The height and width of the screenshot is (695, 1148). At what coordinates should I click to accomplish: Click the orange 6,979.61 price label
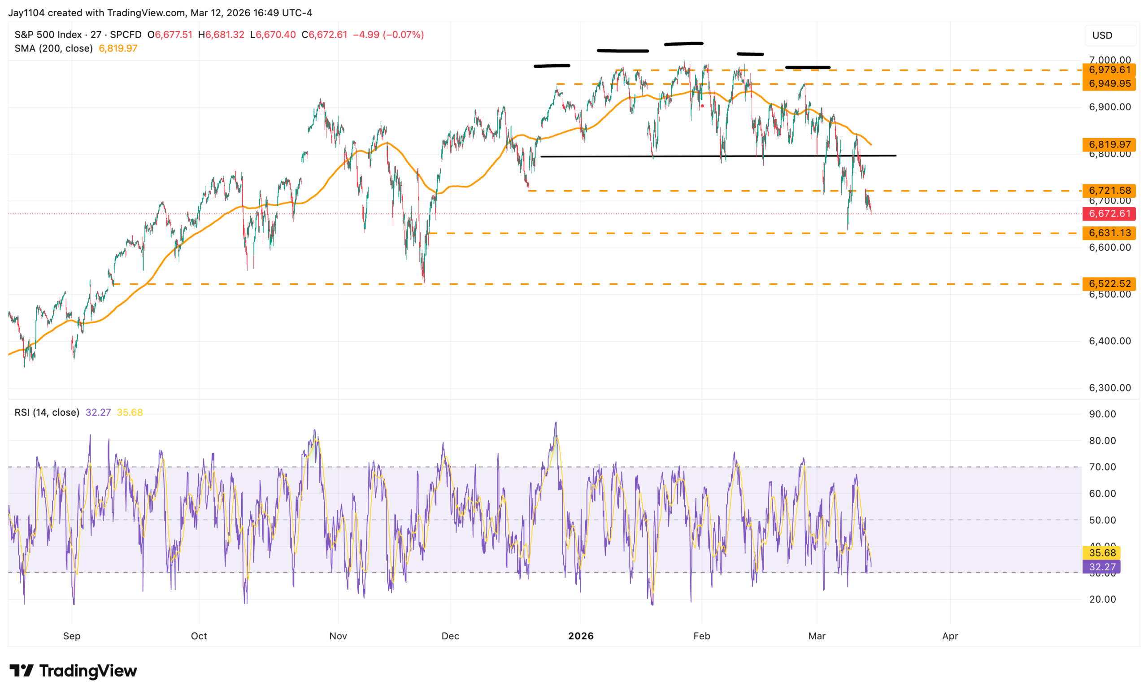point(1109,70)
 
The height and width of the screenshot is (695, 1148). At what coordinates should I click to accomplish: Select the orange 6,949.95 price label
point(1109,84)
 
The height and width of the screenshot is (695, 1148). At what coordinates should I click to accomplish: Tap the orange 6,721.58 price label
point(1109,191)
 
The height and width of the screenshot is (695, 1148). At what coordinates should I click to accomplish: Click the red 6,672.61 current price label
point(1109,214)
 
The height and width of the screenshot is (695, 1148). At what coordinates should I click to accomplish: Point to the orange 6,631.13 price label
point(1109,233)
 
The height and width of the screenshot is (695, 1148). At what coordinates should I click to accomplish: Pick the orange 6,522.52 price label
point(1109,284)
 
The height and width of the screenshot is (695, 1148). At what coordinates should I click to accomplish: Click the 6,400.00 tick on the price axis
point(1109,341)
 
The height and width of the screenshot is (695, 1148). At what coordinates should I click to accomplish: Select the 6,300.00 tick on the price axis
point(1109,388)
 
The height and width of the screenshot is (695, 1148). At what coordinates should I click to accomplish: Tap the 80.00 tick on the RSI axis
point(1102,441)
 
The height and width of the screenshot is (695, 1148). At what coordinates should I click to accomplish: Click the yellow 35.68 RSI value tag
point(1102,553)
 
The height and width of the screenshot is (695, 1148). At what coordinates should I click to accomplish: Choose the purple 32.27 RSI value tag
point(1102,567)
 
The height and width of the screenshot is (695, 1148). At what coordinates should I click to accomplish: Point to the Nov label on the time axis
point(338,636)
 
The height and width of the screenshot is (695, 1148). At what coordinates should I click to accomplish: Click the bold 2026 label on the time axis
point(581,636)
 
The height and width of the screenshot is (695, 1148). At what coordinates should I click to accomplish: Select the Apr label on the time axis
point(950,636)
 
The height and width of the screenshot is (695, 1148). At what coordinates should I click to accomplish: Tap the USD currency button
point(1102,35)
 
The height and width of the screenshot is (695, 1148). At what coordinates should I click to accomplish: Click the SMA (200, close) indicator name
point(53,48)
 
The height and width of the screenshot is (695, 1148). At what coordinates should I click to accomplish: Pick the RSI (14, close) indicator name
point(47,412)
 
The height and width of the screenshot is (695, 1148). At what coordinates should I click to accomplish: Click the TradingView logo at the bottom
point(73,671)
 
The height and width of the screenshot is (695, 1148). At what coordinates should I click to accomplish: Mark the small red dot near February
point(702,106)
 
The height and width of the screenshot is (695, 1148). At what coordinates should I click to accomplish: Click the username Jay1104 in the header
point(26,13)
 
